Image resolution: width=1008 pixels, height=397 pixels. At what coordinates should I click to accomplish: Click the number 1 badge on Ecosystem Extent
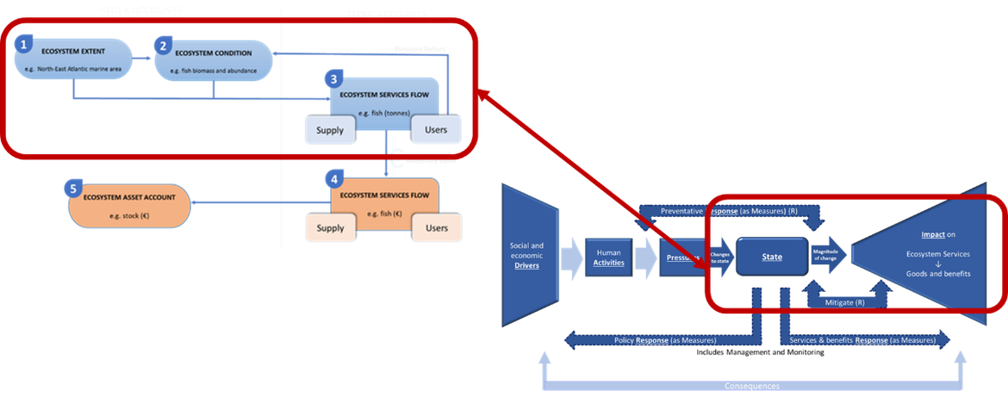coord(25,43)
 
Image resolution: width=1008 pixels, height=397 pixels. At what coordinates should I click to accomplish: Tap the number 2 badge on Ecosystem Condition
coord(164,43)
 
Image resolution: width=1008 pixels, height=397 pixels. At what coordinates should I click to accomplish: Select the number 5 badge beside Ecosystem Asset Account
coord(75,188)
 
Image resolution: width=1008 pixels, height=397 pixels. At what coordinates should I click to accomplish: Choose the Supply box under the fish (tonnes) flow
coord(329,130)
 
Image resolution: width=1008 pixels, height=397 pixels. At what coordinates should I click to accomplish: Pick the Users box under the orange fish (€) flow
coord(437,227)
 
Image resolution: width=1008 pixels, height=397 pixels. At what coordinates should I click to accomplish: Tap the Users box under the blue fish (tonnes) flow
coord(436,130)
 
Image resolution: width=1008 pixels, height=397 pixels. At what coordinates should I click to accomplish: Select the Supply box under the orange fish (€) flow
coord(329,228)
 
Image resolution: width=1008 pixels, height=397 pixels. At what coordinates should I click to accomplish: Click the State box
coord(771,256)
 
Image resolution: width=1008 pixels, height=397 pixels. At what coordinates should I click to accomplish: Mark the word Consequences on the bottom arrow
coord(747,387)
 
